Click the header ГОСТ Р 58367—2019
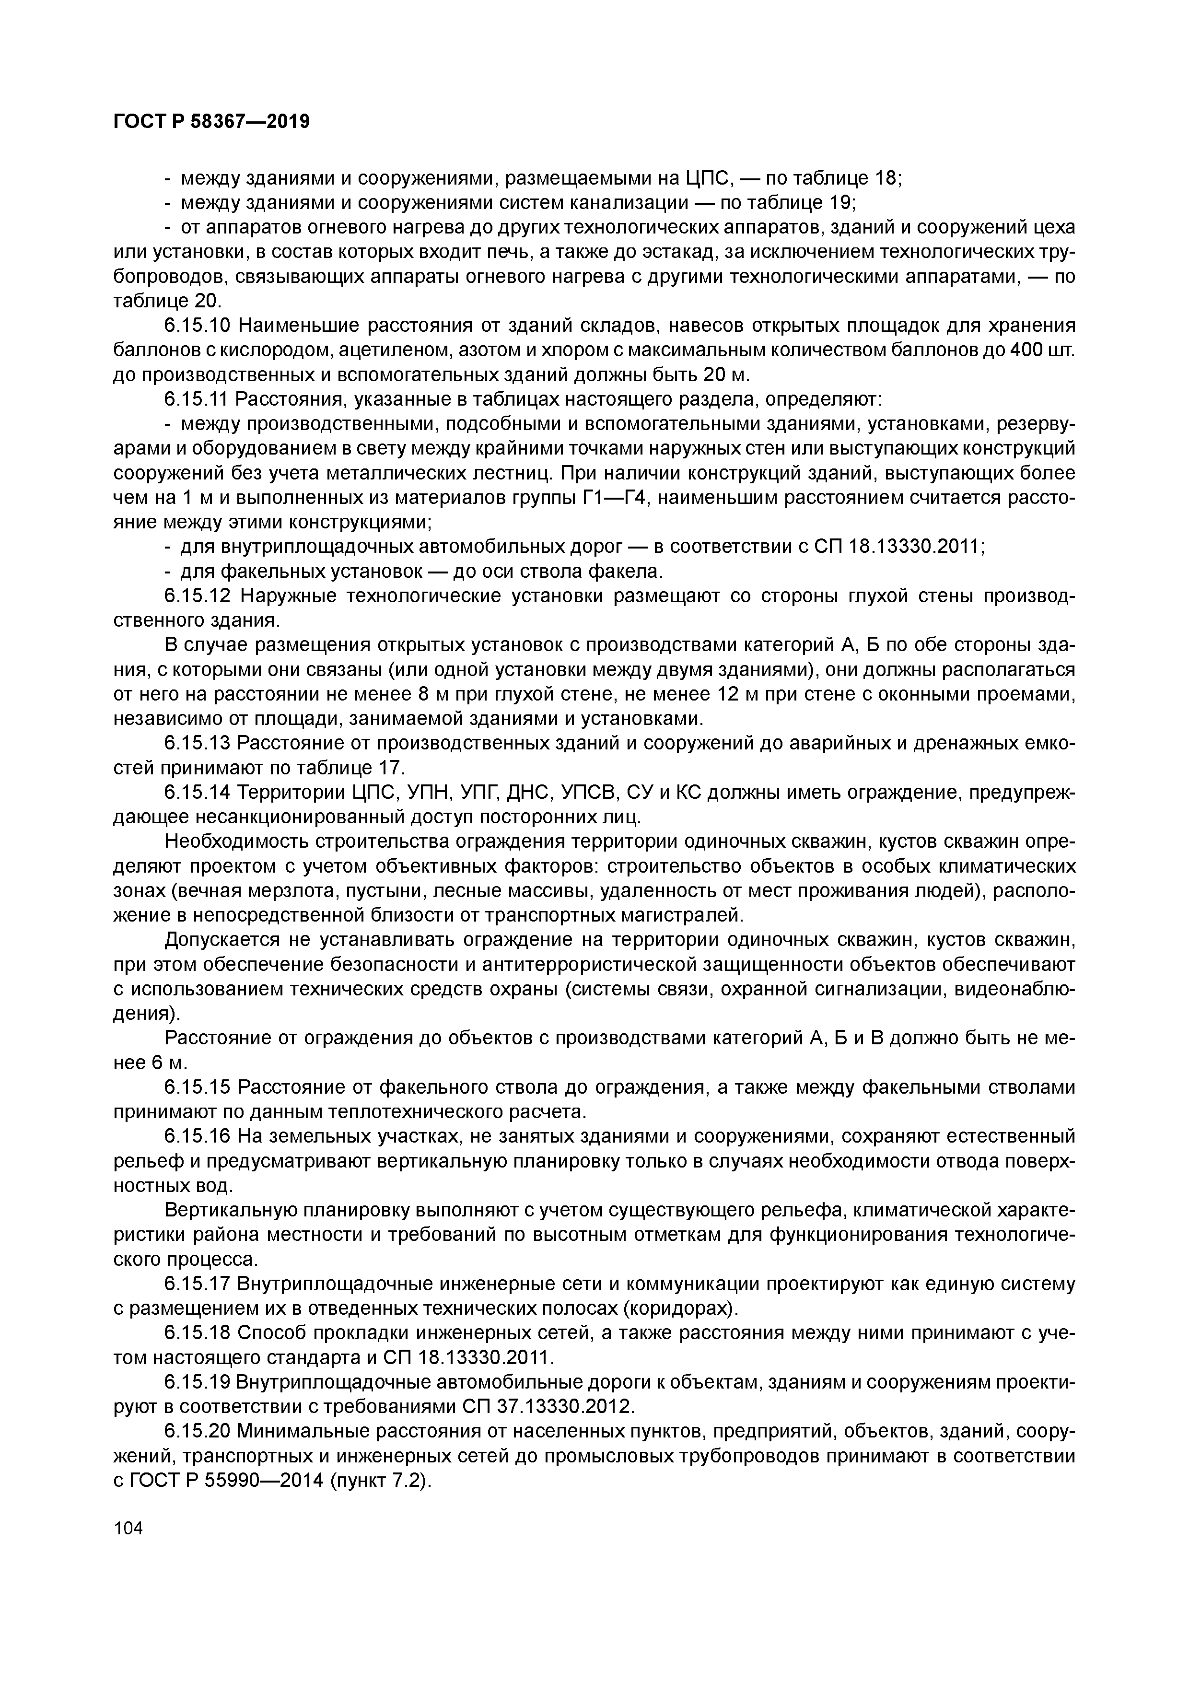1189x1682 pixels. (x=212, y=122)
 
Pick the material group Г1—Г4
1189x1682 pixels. (x=620, y=498)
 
